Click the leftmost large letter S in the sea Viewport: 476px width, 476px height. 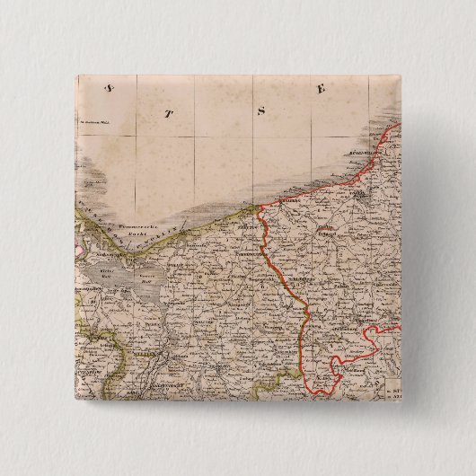click(x=109, y=87)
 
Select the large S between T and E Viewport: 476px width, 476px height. click(x=261, y=111)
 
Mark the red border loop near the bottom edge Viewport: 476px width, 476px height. click(x=346, y=368)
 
